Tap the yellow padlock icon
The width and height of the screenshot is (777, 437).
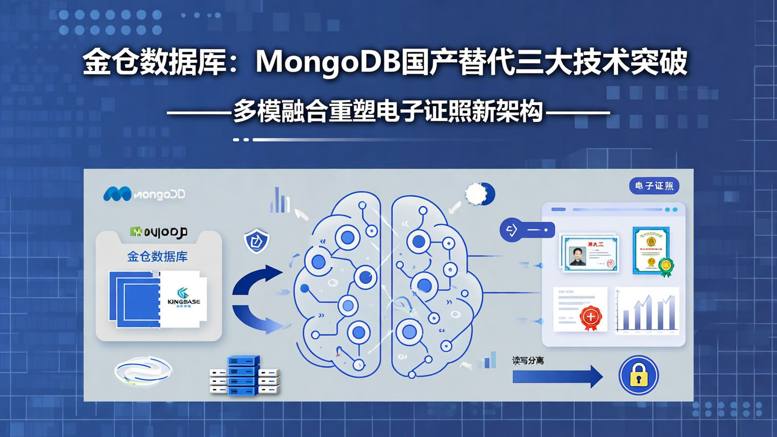[x=638, y=375]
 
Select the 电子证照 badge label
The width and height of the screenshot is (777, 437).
[x=654, y=186]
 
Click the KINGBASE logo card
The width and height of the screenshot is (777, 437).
[x=183, y=299]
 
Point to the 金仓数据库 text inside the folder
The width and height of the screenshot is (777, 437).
[x=157, y=257]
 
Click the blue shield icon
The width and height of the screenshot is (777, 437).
[x=257, y=241]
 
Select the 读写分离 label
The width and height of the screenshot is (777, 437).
[x=528, y=360]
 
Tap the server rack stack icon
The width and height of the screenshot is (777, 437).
[x=244, y=375]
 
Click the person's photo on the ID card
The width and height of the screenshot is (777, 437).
[x=577, y=256]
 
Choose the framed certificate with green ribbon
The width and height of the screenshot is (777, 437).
[x=652, y=251]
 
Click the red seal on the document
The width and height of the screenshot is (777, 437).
[x=590, y=317]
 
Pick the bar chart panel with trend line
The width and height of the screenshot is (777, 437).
[x=647, y=311]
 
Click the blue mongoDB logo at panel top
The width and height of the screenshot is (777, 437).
[x=144, y=194]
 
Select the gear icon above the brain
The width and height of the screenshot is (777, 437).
[x=479, y=194]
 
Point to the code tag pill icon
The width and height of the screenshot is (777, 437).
[x=527, y=230]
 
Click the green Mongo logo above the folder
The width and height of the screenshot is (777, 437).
[x=158, y=232]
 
